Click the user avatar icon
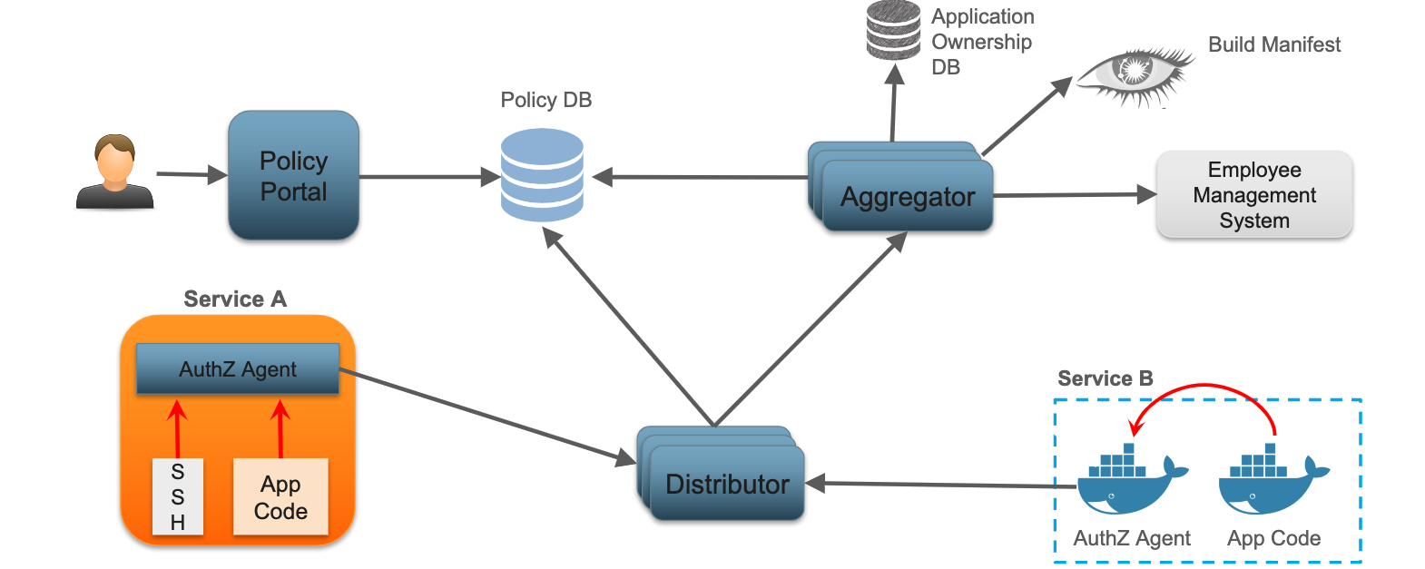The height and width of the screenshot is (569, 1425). pyautogui.click(x=114, y=172)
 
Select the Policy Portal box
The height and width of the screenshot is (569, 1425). pyautogui.click(x=293, y=176)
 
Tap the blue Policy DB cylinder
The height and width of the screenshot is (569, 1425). pyautogui.click(x=542, y=175)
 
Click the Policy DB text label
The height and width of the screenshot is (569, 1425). pyautogui.click(x=545, y=100)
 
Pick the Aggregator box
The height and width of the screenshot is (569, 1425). pyautogui.click(x=908, y=196)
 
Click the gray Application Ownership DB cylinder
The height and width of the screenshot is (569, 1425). pyautogui.click(x=893, y=30)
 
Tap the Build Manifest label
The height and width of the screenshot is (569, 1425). pyautogui.click(x=1273, y=44)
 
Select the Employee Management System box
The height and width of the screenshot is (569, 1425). pyautogui.click(x=1253, y=195)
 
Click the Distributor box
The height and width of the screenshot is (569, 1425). pyautogui.click(x=727, y=484)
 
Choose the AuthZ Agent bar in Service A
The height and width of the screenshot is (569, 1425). pyautogui.click(x=238, y=369)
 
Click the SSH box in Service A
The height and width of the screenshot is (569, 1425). pyautogui.click(x=178, y=496)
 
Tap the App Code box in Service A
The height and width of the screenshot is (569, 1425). pyautogui.click(x=280, y=497)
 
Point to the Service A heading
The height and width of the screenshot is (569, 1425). pyautogui.click(x=235, y=299)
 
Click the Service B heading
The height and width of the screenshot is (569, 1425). pyautogui.click(x=1105, y=378)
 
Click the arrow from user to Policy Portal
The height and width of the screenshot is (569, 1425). pyautogui.click(x=191, y=174)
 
